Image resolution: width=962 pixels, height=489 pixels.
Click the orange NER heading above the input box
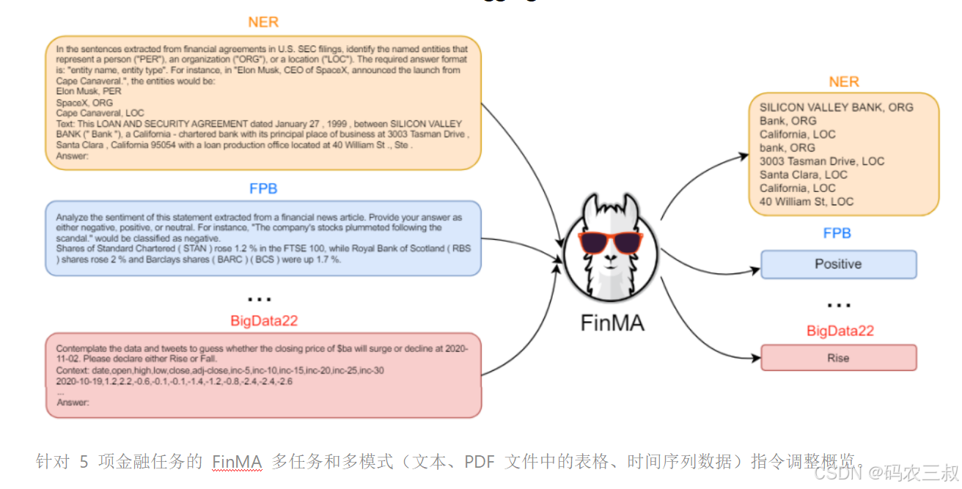pyautogui.click(x=263, y=22)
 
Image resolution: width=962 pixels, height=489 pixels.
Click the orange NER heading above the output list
pyautogui.click(x=844, y=82)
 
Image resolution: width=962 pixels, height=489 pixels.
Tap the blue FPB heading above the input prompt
pyautogui.click(x=263, y=188)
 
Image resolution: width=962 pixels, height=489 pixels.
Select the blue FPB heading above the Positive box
pyautogui.click(x=837, y=233)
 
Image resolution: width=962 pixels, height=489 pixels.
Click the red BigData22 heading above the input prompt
pyautogui.click(x=264, y=320)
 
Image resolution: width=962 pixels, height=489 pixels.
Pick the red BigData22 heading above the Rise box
pyautogui.click(x=840, y=331)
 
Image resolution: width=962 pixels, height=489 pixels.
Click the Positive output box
pyautogui.click(x=838, y=265)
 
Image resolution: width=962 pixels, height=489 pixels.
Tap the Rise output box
pyautogui.click(x=838, y=358)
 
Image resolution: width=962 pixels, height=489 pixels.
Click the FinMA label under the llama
pyautogui.click(x=612, y=323)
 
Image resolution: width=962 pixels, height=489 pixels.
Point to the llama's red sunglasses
pyautogui.click(x=611, y=241)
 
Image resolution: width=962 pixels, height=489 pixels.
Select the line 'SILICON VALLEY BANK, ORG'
pyautogui.click(x=836, y=107)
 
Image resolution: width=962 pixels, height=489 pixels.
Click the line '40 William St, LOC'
pyautogui.click(x=807, y=201)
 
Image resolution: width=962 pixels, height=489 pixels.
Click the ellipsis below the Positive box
pyautogui.click(x=838, y=304)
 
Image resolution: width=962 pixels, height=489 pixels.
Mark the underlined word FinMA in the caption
pyautogui.click(x=237, y=462)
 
